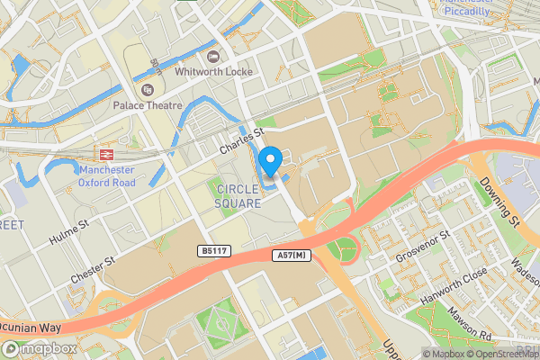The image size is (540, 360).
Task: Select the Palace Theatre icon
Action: pyautogui.click(x=148, y=90)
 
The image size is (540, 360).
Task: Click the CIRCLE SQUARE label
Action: pyautogui.click(x=238, y=196)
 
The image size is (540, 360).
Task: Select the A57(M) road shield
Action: pyautogui.click(x=290, y=256)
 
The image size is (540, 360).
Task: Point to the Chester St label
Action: pyautogui.click(x=95, y=271)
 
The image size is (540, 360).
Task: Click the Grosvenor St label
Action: pyautogui.click(x=420, y=246)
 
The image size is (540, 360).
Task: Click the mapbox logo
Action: pyautogui.click(x=39, y=348)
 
